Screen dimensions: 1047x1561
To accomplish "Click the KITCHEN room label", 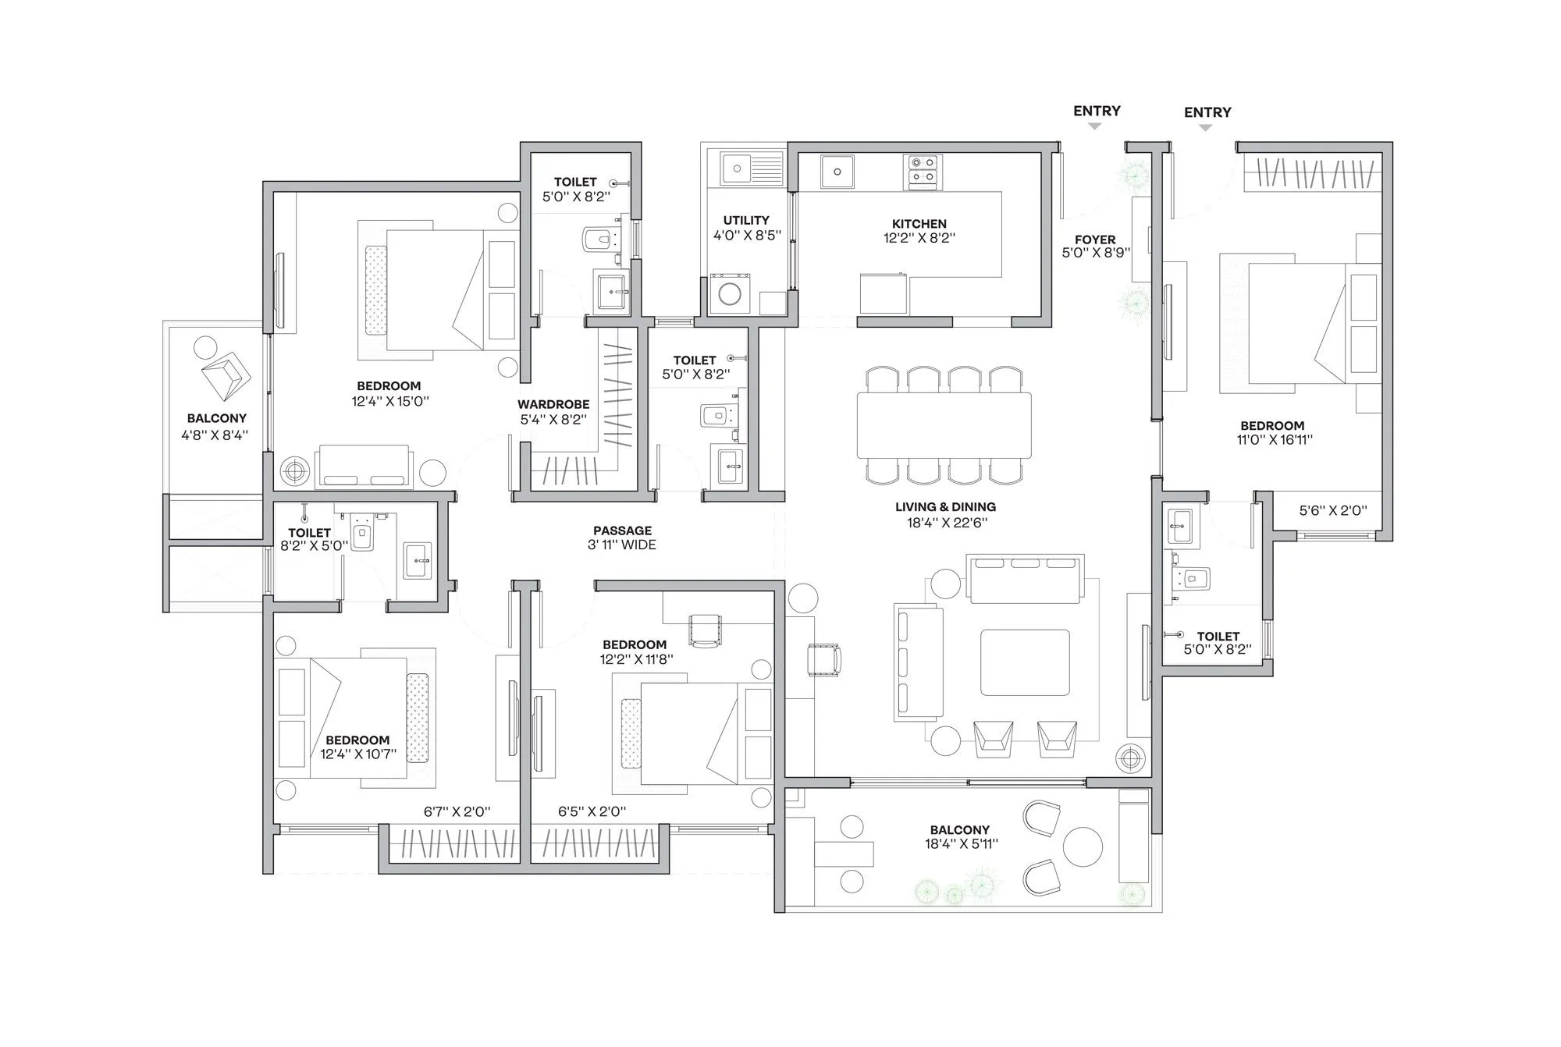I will [919, 223].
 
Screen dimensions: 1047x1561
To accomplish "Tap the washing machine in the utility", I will [730, 294].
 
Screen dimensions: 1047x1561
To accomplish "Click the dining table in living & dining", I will [944, 424].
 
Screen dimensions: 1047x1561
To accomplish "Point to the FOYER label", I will [1094, 240].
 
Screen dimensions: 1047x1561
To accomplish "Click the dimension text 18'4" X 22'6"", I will [946, 523].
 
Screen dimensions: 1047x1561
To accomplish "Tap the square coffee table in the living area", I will [1025, 662].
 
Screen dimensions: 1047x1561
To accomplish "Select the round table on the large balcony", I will [1083, 845].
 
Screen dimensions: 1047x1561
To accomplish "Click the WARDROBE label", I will [553, 404].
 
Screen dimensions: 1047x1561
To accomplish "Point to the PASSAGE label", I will [622, 531].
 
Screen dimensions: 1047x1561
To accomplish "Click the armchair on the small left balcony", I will [226, 374].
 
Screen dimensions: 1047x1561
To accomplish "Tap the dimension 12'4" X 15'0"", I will [389, 402].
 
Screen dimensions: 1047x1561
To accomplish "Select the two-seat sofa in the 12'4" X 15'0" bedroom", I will [362, 467].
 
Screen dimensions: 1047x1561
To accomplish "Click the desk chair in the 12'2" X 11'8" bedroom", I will [705, 630].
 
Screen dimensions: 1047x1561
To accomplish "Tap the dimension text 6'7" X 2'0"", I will [457, 811].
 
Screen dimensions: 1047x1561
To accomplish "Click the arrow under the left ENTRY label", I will [1094, 126].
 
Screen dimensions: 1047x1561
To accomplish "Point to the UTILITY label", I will [745, 220].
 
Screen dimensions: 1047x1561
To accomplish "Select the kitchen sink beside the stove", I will [837, 171].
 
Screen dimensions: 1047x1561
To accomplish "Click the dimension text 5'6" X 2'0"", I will [1332, 510].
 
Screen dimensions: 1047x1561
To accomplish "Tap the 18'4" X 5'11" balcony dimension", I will [961, 843].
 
